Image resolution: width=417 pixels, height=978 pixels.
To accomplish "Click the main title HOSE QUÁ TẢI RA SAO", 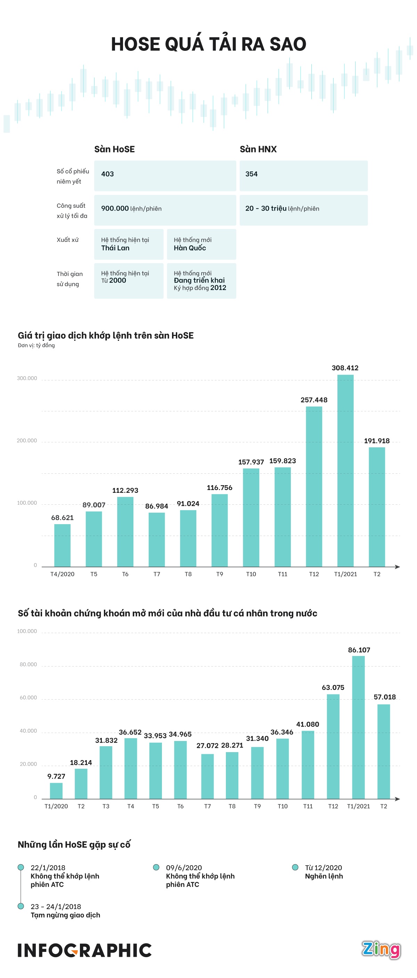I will (208, 45).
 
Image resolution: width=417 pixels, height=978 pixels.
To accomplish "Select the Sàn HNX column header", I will (258, 149).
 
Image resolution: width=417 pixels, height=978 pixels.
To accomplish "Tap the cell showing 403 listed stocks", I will (165, 175).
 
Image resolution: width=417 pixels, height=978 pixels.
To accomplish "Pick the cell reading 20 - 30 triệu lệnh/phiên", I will (303, 210).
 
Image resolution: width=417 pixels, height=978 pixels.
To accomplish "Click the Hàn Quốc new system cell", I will (201, 244).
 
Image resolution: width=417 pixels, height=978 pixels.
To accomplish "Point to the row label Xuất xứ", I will (67, 240).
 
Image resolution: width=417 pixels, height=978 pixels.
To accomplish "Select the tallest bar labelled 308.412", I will (345, 471).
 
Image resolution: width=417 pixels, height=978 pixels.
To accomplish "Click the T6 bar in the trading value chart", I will (125, 531).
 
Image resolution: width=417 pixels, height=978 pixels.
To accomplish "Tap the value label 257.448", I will (314, 400).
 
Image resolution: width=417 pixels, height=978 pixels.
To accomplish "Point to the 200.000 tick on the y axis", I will (27, 441).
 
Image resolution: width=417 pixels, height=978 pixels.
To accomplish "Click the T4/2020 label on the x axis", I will (62, 574).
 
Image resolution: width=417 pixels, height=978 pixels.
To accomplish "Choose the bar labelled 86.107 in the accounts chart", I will (358, 727).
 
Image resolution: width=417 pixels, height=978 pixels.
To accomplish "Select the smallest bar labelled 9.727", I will (56, 790).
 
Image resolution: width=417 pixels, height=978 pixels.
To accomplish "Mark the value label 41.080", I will (308, 724).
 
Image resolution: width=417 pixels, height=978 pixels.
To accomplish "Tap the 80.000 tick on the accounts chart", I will (28, 664).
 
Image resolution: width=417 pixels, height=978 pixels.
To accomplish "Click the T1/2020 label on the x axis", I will (56, 806).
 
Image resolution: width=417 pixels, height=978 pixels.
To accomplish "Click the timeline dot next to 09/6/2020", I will (156, 867).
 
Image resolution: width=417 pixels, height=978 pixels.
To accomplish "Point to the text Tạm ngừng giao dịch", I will (65, 915).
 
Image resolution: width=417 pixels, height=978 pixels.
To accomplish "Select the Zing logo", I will (381, 950).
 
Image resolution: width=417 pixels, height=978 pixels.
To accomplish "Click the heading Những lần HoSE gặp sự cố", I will (74, 845).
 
